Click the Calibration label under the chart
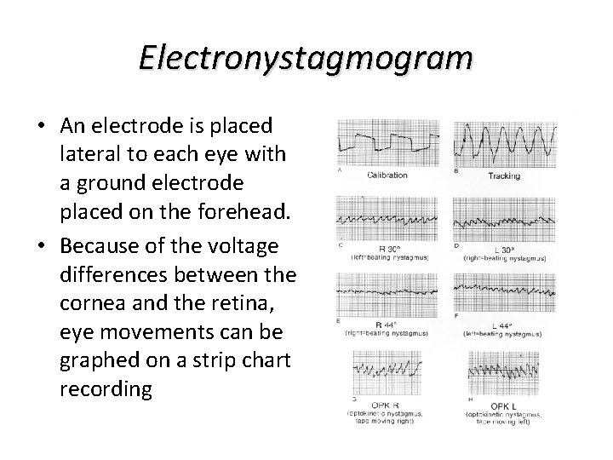pos(387,175)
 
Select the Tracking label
pos(504,176)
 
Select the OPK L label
pos(504,403)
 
